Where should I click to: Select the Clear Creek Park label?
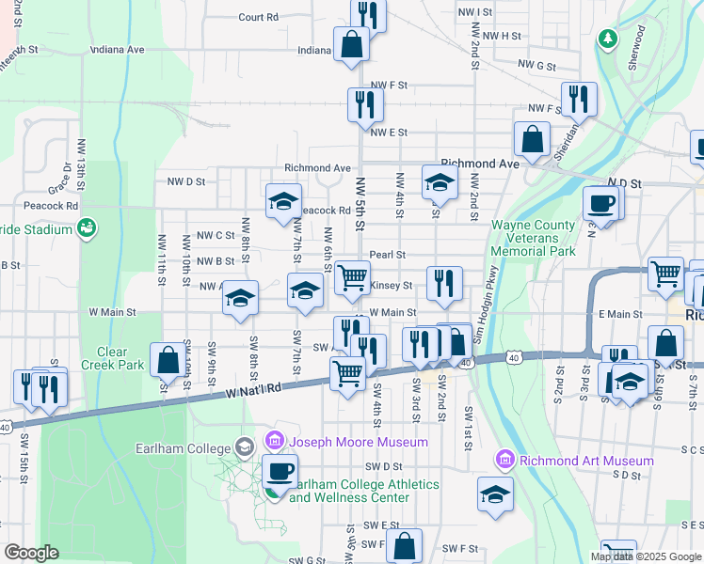tap(111, 358)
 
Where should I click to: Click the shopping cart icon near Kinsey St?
tap(353, 276)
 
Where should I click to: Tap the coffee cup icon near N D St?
tap(600, 203)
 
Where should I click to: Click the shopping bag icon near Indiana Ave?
tap(351, 43)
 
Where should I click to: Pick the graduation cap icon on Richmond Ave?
tap(439, 183)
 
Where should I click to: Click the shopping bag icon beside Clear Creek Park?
tap(168, 359)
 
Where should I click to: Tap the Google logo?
tap(31, 553)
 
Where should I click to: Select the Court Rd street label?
tap(258, 17)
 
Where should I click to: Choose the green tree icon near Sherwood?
tap(609, 39)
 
